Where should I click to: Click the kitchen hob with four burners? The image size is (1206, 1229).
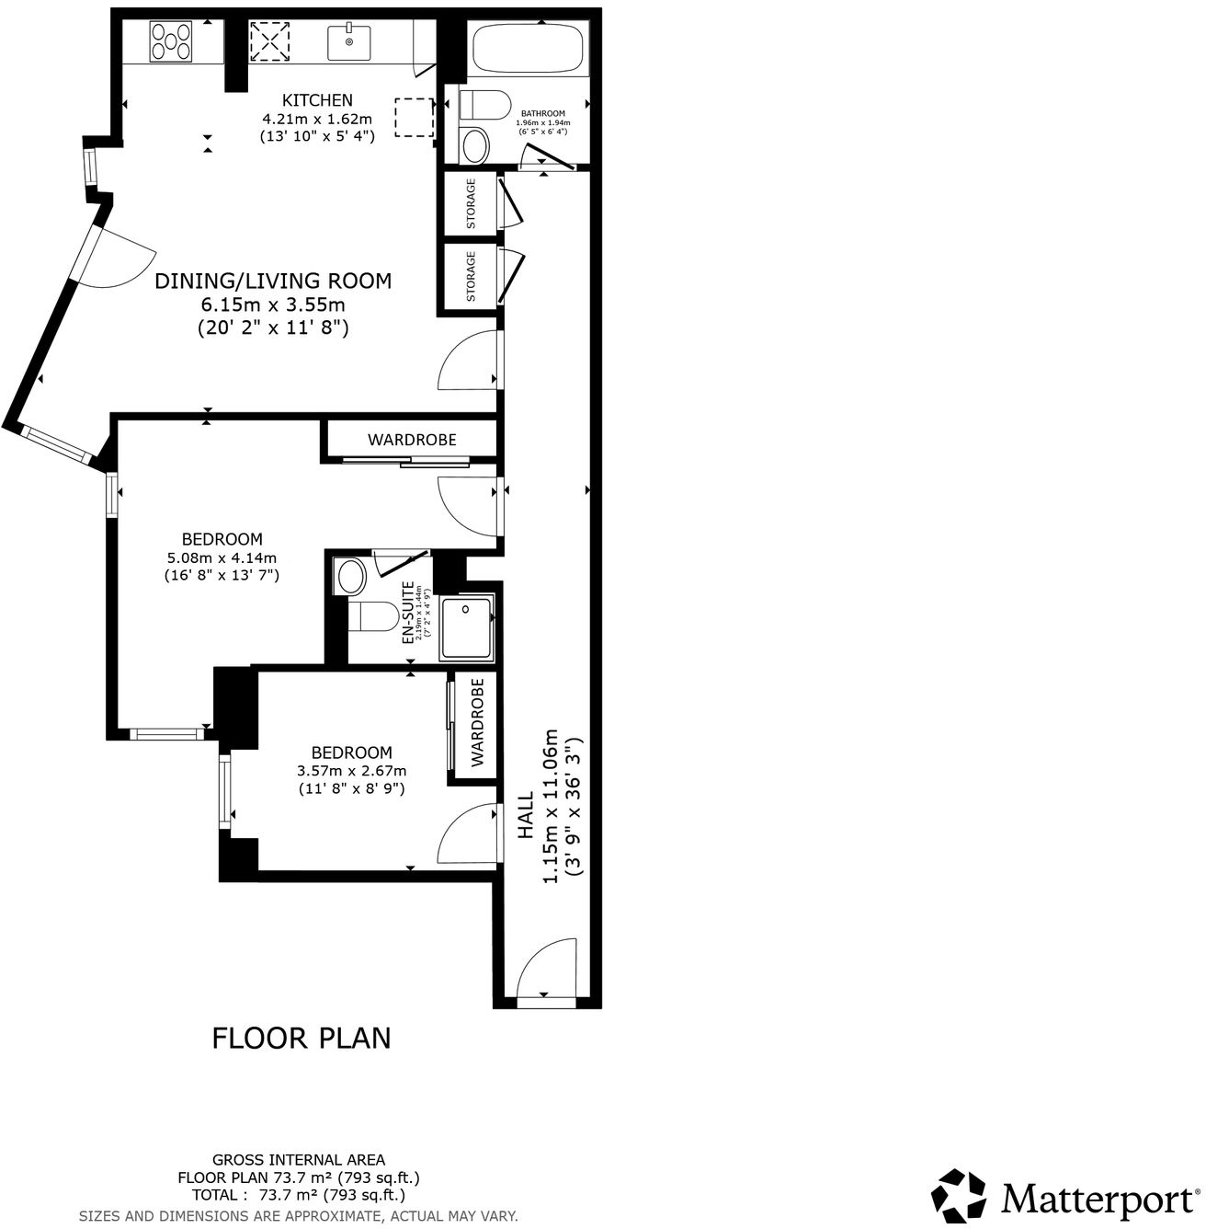tap(172, 40)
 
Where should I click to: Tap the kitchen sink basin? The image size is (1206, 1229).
tap(349, 42)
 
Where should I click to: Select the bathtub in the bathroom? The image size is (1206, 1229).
tap(527, 52)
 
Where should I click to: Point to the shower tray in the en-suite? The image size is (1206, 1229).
tap(468, 628)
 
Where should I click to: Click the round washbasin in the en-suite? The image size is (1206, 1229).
tap(351, 577)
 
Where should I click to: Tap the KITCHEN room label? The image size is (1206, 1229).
tap(317, 100)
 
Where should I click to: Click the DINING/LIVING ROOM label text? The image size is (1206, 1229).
tap(273, 281)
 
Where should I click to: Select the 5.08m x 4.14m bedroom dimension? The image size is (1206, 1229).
tap(222, 557)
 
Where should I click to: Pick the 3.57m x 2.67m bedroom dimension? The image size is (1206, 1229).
tap(351, 771)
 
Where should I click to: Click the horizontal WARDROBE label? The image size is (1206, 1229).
tap(412, 440)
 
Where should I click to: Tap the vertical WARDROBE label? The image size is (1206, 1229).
tap(477, 723)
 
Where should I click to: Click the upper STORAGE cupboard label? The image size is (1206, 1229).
tap(471, 203)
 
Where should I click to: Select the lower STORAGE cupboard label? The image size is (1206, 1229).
tap(471, 276)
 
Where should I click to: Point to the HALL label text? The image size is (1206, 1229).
tap(526, 815)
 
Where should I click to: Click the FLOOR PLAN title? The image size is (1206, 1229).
tap(301, 1038)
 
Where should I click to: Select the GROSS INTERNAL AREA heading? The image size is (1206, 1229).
tap(299, 1160)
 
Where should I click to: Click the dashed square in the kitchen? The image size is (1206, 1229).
tap(414, 117)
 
